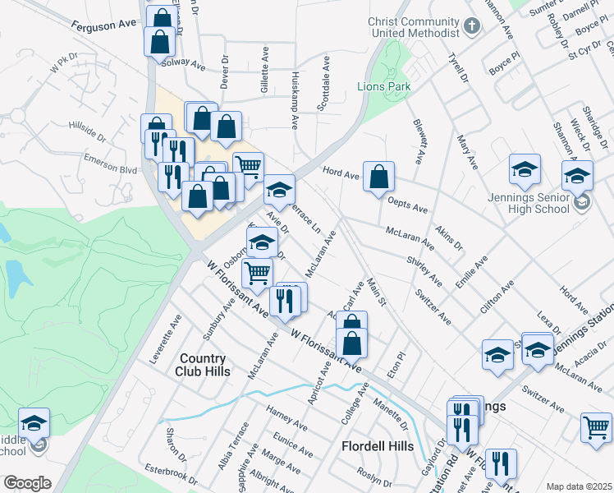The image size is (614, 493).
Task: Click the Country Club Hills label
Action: pyautogui.click(x=201, y=364)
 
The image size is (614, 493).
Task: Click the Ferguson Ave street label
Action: pyautogui.click(x=103, y=25)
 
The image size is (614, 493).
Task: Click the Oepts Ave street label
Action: pyautogui.click(x=408, y=208)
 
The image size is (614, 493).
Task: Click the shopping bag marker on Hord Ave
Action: pyautogui.click(x=378, y=176)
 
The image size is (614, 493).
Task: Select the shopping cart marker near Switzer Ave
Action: pyautogui.click(x=597, y=426)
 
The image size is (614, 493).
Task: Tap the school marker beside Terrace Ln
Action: pyautogui.click(x=279, y=190)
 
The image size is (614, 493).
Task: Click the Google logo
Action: pyautogui.click(x=26, y=483)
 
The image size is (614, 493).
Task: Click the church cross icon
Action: pyautogui.click(x=471, y=25)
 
